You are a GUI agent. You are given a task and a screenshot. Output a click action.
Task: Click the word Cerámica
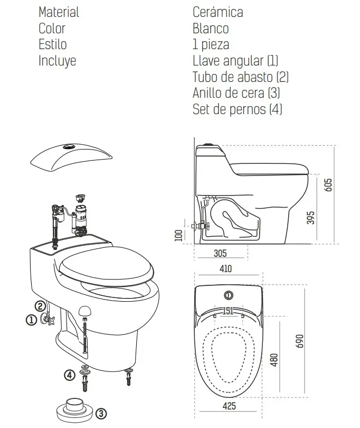(217, 12)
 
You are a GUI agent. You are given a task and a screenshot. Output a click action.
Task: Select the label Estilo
(53, 44)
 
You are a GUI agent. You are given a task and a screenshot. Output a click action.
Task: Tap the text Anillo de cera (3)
(236, 93)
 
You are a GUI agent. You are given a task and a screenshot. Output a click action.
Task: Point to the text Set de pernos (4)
(238, 109)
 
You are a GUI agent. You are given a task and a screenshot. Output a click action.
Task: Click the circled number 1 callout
(31, 320)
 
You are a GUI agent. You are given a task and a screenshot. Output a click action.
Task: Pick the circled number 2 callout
(40, 306)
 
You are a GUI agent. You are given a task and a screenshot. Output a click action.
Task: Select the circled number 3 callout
(101, 414)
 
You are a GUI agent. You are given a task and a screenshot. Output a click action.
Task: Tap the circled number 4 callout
(70, 375)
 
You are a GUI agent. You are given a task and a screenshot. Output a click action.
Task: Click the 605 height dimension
(328, 185)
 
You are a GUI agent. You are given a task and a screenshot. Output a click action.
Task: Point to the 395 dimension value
(310, 218)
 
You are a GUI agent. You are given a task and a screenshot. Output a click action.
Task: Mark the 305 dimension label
(220, 253)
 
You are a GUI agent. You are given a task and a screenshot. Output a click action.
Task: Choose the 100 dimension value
(178, 236)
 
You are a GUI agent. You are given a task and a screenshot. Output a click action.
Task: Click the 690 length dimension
(299, 341)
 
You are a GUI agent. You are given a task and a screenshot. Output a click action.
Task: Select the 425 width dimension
(229, 406)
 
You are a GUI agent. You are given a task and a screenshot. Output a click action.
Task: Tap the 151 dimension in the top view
(228, 311)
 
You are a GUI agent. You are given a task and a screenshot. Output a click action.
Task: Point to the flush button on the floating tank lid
(69, 147)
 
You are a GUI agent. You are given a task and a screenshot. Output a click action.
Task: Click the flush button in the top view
(229, 295)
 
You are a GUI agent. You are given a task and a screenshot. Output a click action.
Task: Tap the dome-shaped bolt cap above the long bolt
(84, 311)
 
